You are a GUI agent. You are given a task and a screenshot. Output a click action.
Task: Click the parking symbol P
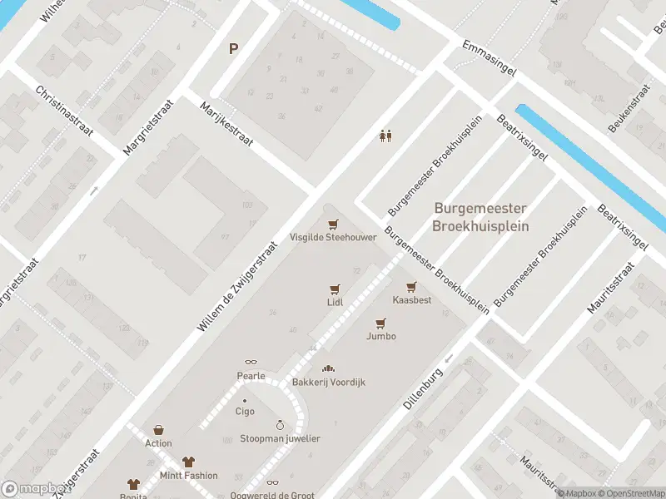(234, 48)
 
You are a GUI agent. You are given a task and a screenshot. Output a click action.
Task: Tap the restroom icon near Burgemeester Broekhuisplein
(385, 136)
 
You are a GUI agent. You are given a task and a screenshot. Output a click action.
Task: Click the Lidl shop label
(335, 303)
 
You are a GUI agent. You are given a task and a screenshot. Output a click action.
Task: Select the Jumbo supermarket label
(380, 336)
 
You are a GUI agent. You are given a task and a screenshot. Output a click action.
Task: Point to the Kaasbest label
(411, 300)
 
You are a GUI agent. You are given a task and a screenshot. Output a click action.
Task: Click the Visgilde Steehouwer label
(333, 237)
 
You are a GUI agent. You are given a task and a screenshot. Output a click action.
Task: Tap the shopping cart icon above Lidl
(335, 289)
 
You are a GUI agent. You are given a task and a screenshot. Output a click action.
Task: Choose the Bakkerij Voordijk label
(328, 383)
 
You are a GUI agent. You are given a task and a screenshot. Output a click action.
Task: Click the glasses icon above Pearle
(251, 363)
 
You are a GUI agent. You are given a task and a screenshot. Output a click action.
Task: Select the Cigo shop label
(245, 412)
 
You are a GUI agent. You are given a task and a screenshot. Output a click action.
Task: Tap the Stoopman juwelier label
(280, 438)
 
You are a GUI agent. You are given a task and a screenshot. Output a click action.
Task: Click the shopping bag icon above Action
(158, 430)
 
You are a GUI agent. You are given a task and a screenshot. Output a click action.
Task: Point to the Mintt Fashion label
(189, 476)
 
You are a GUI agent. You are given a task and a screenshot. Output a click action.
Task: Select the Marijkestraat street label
(227, 125)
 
